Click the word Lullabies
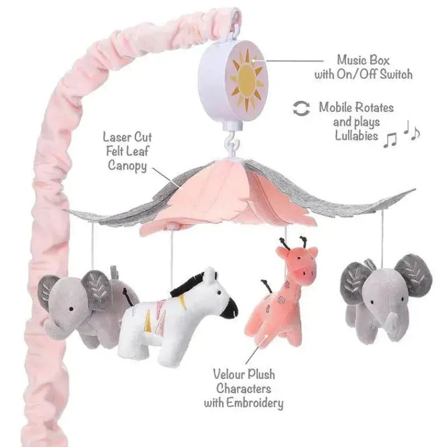356,135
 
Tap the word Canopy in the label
127,165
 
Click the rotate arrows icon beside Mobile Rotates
301,108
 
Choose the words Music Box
363,60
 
